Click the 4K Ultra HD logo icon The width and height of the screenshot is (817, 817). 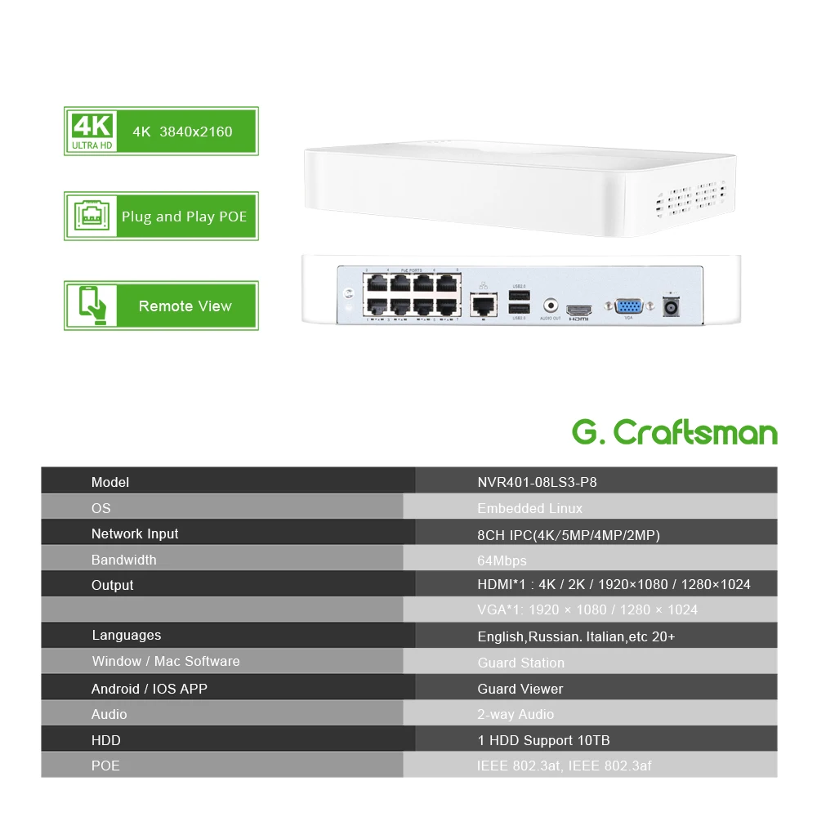(x=92, y=131)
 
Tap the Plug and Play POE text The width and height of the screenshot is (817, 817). (x=184, y=217)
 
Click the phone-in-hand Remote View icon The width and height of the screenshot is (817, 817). (x=92, y=306)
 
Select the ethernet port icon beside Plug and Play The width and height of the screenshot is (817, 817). (x=92, y=217)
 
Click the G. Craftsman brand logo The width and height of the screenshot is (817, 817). (x=674, y=431)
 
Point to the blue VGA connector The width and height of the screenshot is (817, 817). (x=628, y=306)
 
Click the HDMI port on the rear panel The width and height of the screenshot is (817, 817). (x=578, y=311)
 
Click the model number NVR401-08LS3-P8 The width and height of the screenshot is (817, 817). (x=537, y=482)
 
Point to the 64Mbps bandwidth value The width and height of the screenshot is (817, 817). (x=502, y=560)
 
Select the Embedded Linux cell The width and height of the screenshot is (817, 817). (x=529, y=508)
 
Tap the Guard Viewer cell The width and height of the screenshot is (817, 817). (x=520, y=689)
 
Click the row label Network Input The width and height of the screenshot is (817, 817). (x=135, y=534)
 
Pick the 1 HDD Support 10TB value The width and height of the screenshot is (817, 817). (x=543, y=740)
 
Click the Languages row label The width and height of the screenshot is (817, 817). (x=127, y=635)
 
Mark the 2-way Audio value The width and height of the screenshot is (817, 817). (x=516, y=714)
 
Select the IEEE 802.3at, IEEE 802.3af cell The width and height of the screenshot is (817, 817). (x=564, y=766)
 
